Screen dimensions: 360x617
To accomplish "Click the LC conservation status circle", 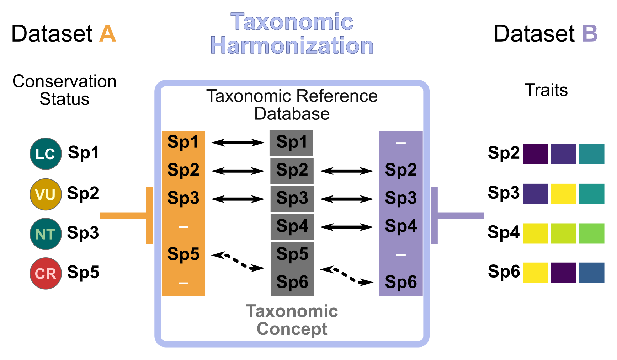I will coord(46,154).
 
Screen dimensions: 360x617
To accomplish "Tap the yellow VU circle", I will coord(46,194).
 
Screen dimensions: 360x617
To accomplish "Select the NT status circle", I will coord(46,234).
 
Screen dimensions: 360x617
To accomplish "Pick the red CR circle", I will coord(46,273).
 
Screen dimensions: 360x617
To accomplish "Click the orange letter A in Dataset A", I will coord(107,34).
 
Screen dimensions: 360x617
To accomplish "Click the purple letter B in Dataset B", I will coord(590,34).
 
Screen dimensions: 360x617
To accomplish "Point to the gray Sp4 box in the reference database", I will coord(292,227).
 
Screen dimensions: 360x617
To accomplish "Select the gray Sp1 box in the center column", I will coord(291,143).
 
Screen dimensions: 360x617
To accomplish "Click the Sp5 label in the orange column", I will coord(183,254).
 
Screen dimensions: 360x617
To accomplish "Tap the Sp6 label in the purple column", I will coord(401,282).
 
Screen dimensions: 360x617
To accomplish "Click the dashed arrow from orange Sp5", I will coord(238,261).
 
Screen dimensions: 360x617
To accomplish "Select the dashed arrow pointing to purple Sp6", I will coord(347,276).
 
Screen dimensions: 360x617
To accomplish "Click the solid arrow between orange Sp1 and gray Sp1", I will coord(238,143).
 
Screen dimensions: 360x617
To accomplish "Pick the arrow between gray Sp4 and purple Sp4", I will coord(347,227).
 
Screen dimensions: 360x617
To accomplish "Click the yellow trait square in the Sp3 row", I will coord(563,194).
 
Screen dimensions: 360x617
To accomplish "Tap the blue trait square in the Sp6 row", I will coord(591,273).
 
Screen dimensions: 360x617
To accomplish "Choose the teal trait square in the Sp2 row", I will coord(591,154).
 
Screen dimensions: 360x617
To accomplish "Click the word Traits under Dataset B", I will coord(546,90).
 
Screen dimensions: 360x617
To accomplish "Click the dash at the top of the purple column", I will coord(401,143).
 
